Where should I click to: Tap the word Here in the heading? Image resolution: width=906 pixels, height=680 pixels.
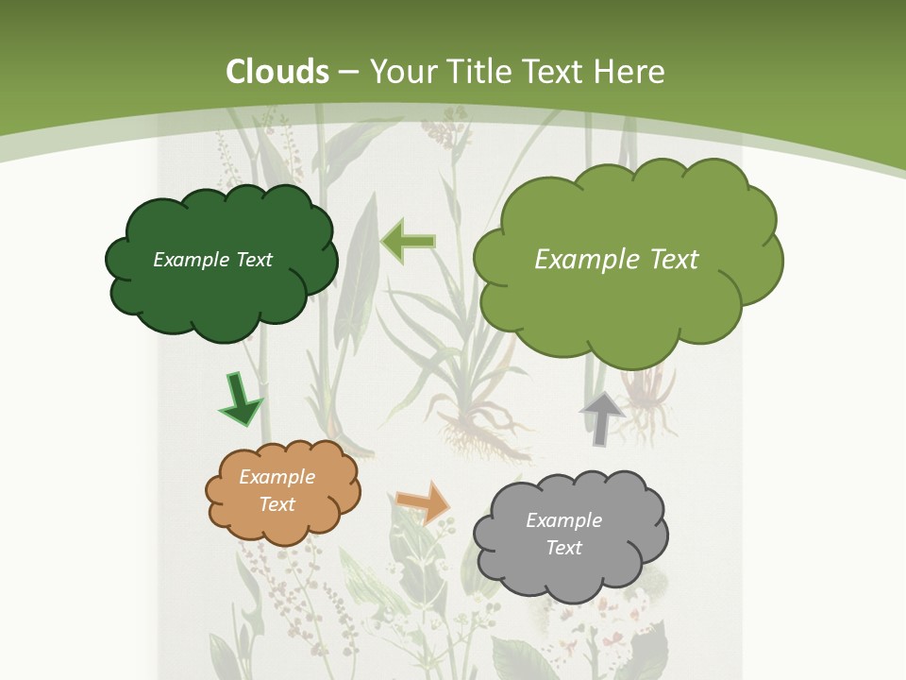[633, 72]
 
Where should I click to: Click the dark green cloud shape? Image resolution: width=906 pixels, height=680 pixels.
[222, 293]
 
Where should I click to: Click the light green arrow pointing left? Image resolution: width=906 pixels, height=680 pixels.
[408, 242]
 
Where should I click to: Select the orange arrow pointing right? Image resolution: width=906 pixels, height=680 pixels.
[424, 501]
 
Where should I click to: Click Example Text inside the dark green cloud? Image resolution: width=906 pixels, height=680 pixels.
[212, 260]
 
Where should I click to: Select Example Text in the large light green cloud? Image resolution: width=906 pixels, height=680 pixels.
[616, 260]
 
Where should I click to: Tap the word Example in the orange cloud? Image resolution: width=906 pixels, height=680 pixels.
[277, 477]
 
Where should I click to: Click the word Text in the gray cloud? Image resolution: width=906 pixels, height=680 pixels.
[563, 548]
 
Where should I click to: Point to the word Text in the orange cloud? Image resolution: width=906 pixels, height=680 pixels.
[277, 504]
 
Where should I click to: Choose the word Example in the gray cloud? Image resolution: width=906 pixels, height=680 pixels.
[563, 520]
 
